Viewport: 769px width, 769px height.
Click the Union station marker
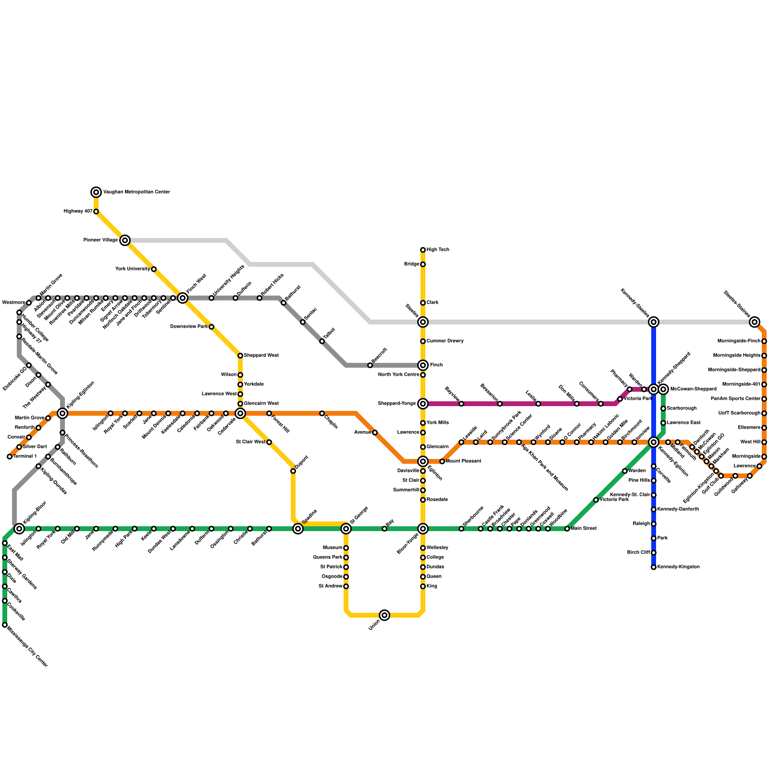coord(384,615)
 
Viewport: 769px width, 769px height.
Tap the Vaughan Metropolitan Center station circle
coord(96,192)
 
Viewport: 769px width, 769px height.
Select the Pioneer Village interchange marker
coord(125,240)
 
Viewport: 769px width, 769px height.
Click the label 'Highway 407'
coord(78,211)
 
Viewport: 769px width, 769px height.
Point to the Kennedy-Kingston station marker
coord(654,567)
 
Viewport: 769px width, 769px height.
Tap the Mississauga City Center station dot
coord(5,625)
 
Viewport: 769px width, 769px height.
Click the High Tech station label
coord(438,250)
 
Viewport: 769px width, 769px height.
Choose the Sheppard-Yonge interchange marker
coord(423,404)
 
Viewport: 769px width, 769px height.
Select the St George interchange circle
coord(346,529)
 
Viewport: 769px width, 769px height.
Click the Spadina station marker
coord(298,529)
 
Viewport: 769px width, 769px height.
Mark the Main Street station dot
coord(567,529)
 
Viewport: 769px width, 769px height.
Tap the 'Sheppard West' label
coord(261,356)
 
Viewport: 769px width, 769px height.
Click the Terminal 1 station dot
coord(10,457)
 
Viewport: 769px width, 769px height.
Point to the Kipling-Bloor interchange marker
coord(19,529)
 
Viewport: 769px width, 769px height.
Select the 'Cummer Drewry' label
coord(445,341)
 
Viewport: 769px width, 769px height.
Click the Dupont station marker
coord(293,471)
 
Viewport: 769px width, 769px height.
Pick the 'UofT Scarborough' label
coord(739,413)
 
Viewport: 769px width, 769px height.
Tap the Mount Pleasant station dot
coord(442,461)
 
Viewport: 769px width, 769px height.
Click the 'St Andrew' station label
coord(330,586)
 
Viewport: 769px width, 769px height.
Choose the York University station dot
coord(154,269)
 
